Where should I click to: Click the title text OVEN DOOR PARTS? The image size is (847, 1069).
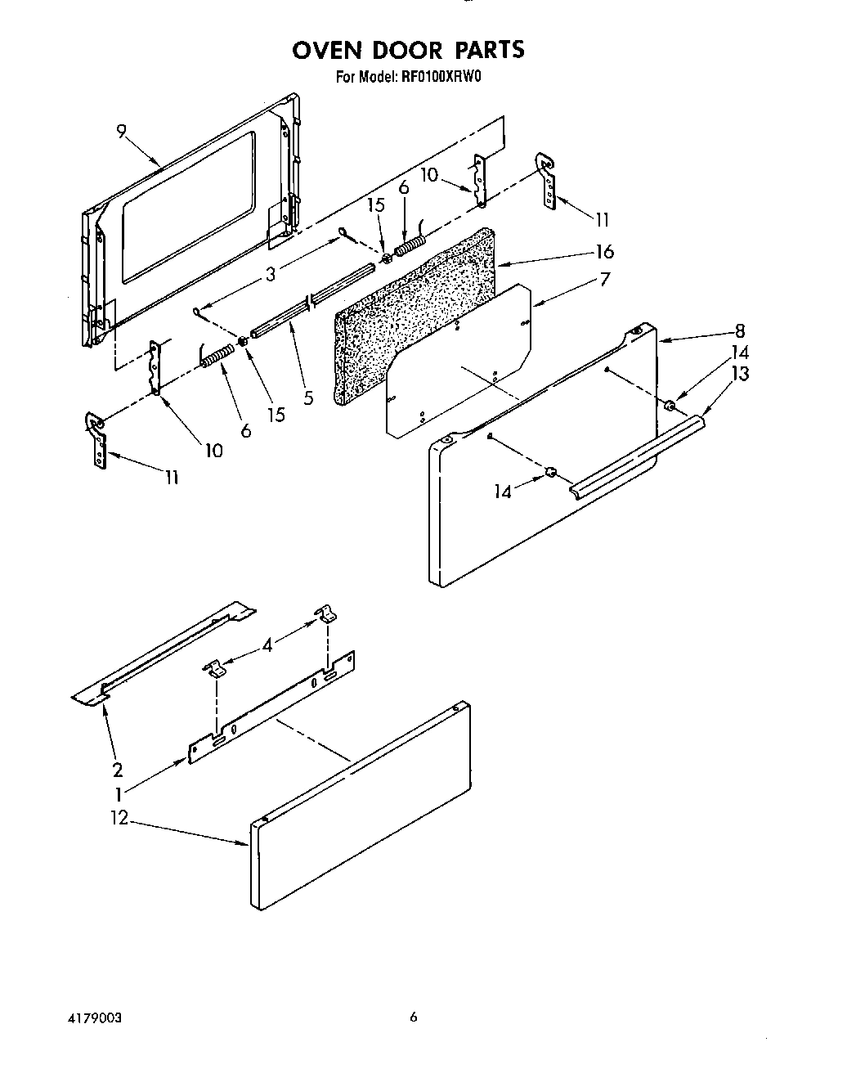point(408,50)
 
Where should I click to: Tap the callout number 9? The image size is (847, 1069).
point(121,133)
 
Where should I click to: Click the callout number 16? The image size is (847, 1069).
point(604,252)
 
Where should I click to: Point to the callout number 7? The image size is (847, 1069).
point(604,280)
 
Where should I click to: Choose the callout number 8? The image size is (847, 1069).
point(739,331)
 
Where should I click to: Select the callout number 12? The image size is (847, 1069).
point(119,817)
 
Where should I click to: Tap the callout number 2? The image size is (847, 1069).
point(118,769)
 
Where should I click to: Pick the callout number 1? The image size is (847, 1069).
point(119,793)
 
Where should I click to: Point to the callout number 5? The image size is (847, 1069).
point(307,398)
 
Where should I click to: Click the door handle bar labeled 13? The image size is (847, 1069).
point(638,454)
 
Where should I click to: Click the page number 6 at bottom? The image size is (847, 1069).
point(414,1017)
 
